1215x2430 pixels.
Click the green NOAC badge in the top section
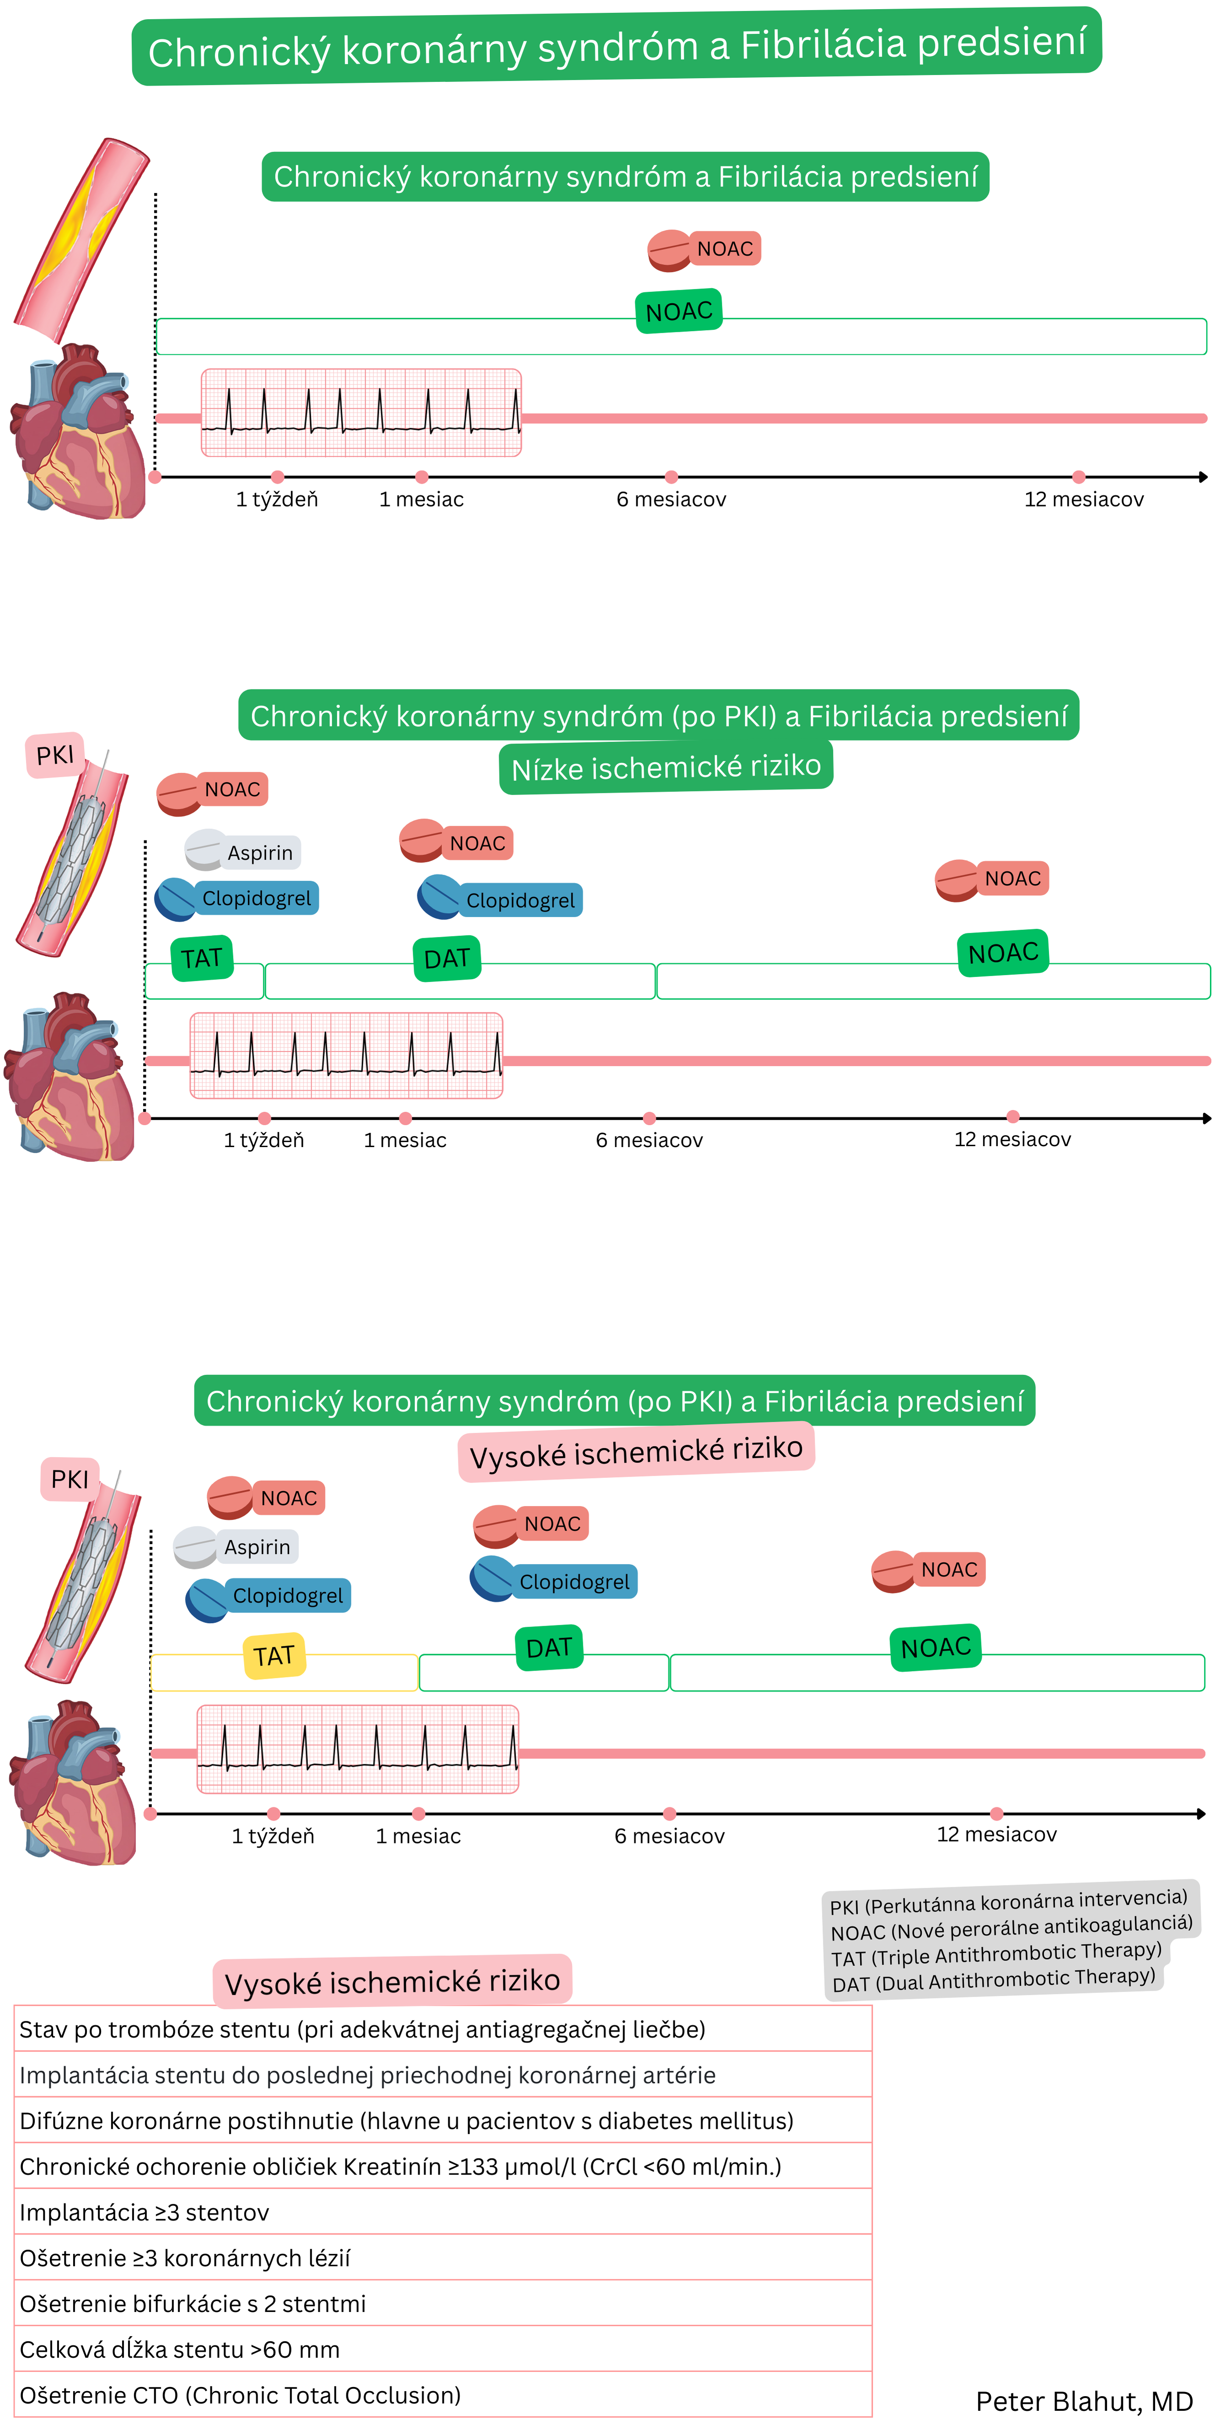[x=679, y=311]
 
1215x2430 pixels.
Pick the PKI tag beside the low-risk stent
[x=55, y=755]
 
